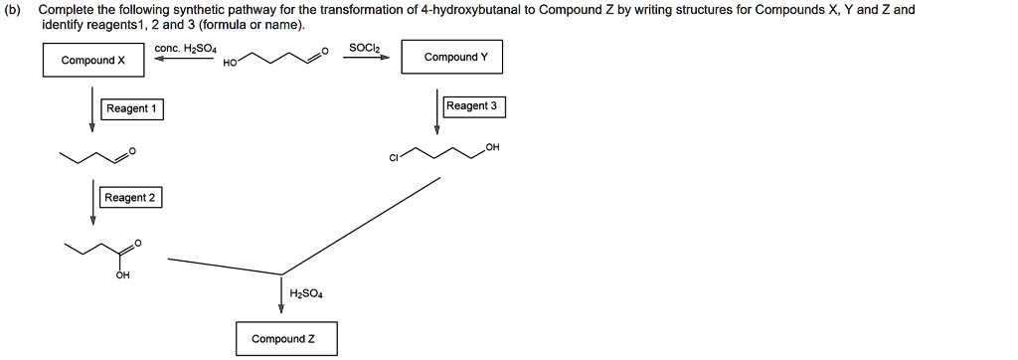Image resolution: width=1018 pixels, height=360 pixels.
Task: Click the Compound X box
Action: [x=93, y=61]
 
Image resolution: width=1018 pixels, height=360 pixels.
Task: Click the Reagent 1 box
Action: [x=132, y=108]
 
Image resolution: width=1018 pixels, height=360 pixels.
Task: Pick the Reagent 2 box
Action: [x=130, y=198]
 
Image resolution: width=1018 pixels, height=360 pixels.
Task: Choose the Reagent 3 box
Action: [x=471, y=105]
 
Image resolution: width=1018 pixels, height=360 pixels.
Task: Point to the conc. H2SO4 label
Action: [x=179, y=48]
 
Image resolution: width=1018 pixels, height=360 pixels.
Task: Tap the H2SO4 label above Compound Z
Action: [x=306, y=293]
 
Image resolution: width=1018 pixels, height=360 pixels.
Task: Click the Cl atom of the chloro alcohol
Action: [x=395, y=159]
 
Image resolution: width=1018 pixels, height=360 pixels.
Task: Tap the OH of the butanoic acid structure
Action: [x=121, y=275]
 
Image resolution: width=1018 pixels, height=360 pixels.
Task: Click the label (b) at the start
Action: [x=16, y=9]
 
